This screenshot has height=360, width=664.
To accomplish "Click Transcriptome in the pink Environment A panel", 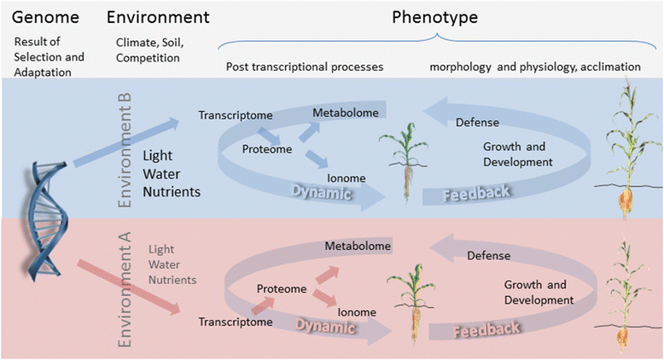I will coord(236,322).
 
